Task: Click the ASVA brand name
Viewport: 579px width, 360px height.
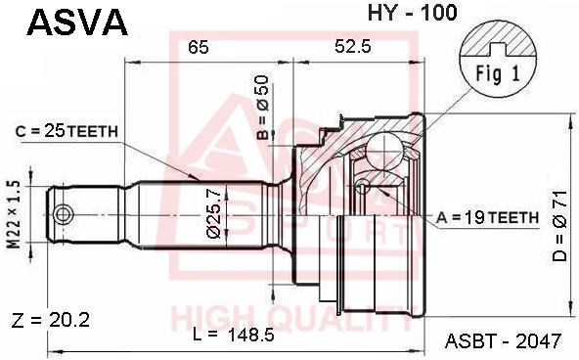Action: coord(77,22)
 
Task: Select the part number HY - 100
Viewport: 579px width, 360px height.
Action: coord(412,13)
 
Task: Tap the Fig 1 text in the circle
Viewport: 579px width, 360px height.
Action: coord(498,73)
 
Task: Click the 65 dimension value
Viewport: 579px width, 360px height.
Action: coord(199,47)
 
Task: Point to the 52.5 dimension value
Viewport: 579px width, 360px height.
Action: coord(353,46)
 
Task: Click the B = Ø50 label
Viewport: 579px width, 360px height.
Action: coord(262,107)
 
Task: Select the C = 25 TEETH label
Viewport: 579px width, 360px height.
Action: coord(67,131)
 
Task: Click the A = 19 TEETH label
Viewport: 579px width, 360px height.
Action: coord(487,217)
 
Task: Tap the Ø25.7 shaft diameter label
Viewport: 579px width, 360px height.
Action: coord(214,213)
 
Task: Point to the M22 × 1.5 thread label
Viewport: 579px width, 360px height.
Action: coord(15,214)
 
